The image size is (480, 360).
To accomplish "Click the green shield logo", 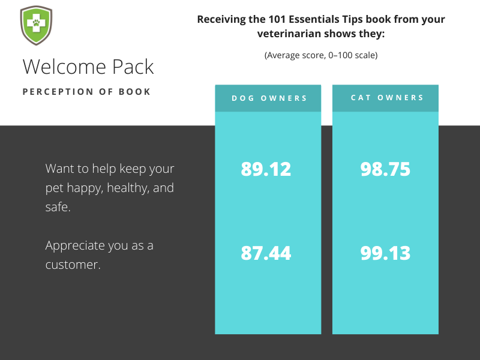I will [x=35, y=25].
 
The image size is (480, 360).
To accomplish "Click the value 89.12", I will [x=266, y=169].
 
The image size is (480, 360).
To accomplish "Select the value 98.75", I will [x=385, y=169].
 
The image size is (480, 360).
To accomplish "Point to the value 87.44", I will [x=266, y=253].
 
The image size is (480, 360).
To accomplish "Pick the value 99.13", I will [x=385, y=253].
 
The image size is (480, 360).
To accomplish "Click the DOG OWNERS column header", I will [x=269, y=98].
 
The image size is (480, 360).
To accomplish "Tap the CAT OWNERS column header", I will [x=387, y=98].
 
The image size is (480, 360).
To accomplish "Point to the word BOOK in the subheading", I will [x=136, y=92].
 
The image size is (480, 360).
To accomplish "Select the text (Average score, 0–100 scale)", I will [x=321, y=55].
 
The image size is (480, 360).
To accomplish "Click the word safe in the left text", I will [x=57, y=207].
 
